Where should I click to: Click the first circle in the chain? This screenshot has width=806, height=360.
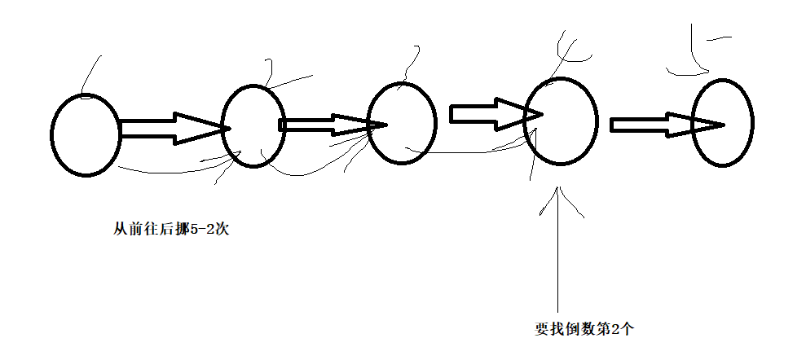85,135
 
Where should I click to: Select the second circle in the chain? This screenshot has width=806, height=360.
253,126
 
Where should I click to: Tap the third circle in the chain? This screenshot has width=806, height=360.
402,123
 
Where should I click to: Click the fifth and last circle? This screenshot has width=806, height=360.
723,122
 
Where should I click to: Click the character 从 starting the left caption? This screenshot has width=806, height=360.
120,230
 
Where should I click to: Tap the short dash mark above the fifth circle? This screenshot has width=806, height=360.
718,37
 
